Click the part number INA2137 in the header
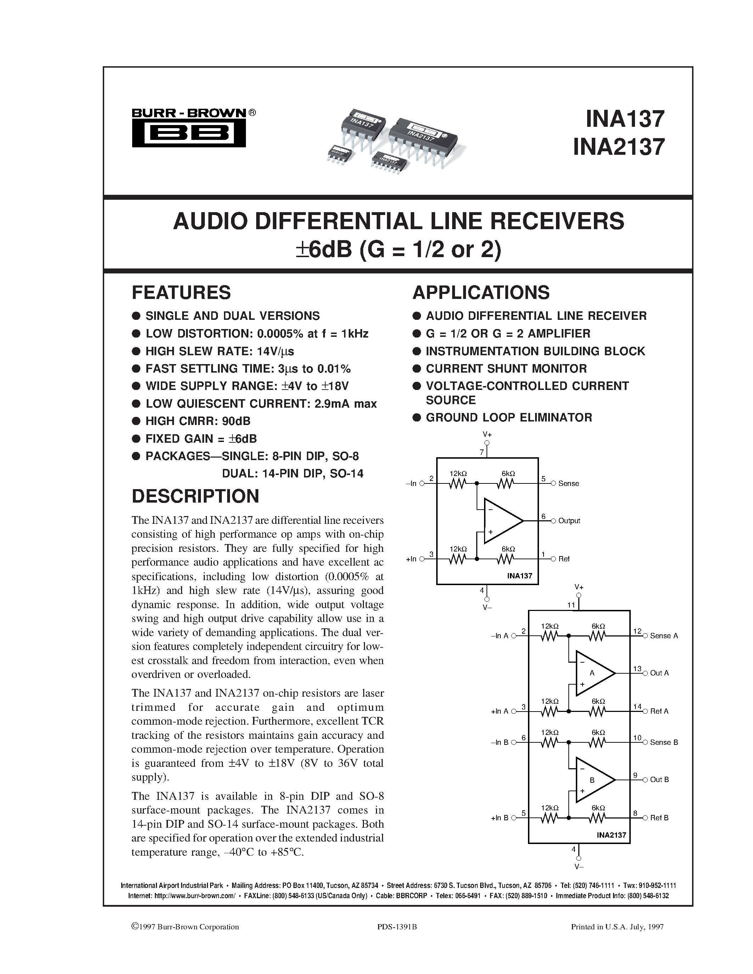point(619,147)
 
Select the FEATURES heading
point(181,293)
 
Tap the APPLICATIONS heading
point(481,293)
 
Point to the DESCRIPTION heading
point(195,496)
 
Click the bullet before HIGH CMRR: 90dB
point(136,421)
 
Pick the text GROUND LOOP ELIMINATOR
point(509,418)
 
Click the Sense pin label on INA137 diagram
point(568,483)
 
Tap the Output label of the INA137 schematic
point(569,521)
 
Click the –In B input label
point(500,742)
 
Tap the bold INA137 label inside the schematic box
point(520,576)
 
